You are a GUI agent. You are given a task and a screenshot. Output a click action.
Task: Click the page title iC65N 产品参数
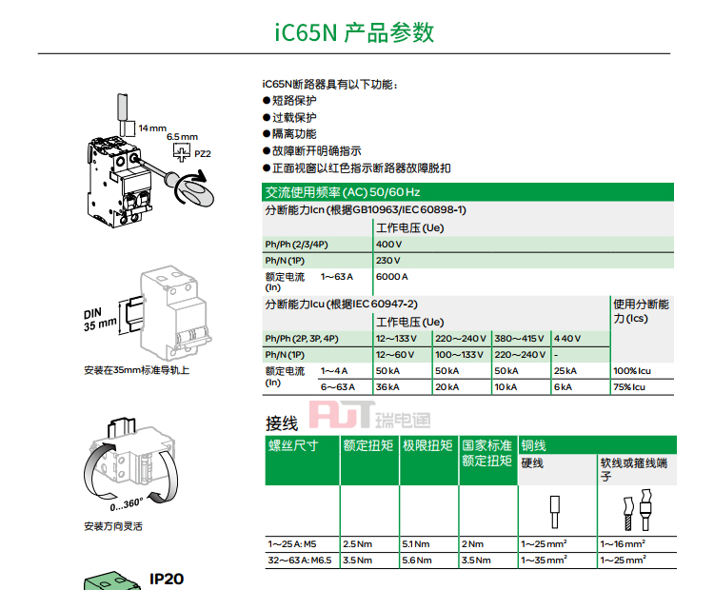coord(354,32)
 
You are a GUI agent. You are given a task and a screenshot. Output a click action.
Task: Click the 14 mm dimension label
coord(152,128)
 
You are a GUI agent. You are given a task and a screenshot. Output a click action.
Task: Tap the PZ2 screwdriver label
coord(203,154)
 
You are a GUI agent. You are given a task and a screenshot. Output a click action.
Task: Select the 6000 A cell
coord(391,277)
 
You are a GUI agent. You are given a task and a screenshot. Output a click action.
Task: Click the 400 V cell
coord(388,245)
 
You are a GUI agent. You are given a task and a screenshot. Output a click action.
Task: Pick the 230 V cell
coord(388,261)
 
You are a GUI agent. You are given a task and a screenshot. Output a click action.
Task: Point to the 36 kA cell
coord(387,387)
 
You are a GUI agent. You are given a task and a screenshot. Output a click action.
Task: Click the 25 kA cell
coord(565,371)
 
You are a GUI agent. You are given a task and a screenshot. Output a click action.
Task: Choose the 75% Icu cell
coord(629,387)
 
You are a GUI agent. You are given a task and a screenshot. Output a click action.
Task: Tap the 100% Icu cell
coord(632,371)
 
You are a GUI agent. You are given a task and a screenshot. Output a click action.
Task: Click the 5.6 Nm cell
coord(417,560)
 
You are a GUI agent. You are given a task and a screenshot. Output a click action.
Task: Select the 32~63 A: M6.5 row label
coord(300,560)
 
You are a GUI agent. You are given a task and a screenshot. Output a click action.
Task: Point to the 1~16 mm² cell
coord(623,543)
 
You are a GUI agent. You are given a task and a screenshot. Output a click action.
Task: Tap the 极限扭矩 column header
coord(427,445)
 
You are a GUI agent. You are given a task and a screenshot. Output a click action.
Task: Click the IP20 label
coord(167,580)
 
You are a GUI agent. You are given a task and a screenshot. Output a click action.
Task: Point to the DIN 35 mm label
coord(100,319)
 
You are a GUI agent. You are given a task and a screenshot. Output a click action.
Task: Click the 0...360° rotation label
coord(126,504)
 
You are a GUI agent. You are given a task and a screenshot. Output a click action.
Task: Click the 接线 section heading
coord(282,423)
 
